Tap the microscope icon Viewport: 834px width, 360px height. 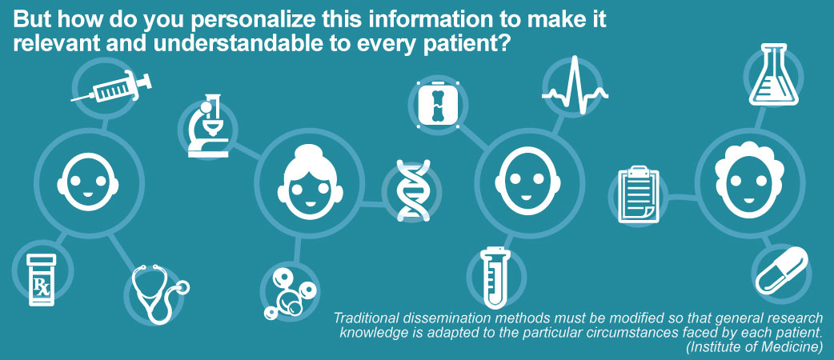tap(208, 126)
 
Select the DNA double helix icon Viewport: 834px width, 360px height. tap(413, 190)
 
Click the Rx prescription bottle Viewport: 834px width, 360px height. tap(42, 280)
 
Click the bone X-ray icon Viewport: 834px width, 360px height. tap(438, 104)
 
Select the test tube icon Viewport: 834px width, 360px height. tap(495, 278)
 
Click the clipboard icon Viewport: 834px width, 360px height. tap(638, 194)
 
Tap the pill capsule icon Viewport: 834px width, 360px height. tap(782, 270)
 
